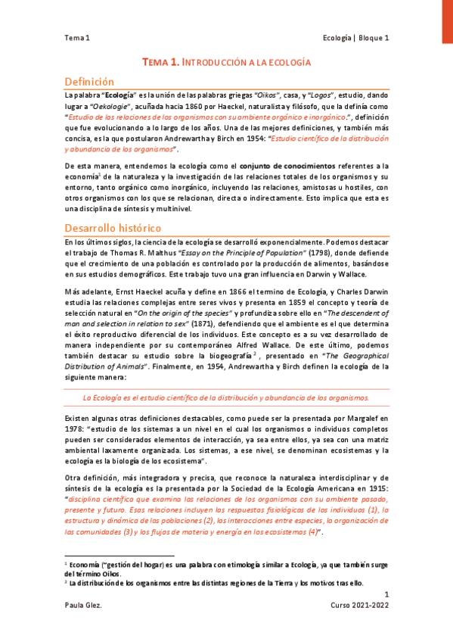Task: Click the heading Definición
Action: point(89,82)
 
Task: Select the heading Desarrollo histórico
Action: point(111,227)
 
